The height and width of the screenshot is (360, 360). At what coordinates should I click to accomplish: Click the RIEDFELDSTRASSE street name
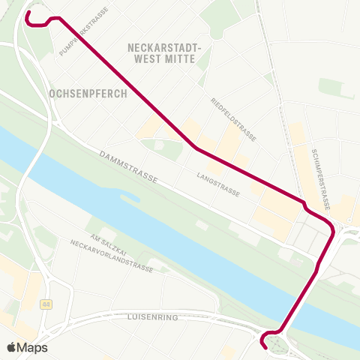pos(234,120)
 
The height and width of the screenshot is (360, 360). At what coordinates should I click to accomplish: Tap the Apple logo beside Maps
pos(13,347)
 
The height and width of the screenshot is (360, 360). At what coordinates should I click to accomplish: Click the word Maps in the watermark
pos(34,347)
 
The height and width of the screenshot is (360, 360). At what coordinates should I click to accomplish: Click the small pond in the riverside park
pos(128,199)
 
